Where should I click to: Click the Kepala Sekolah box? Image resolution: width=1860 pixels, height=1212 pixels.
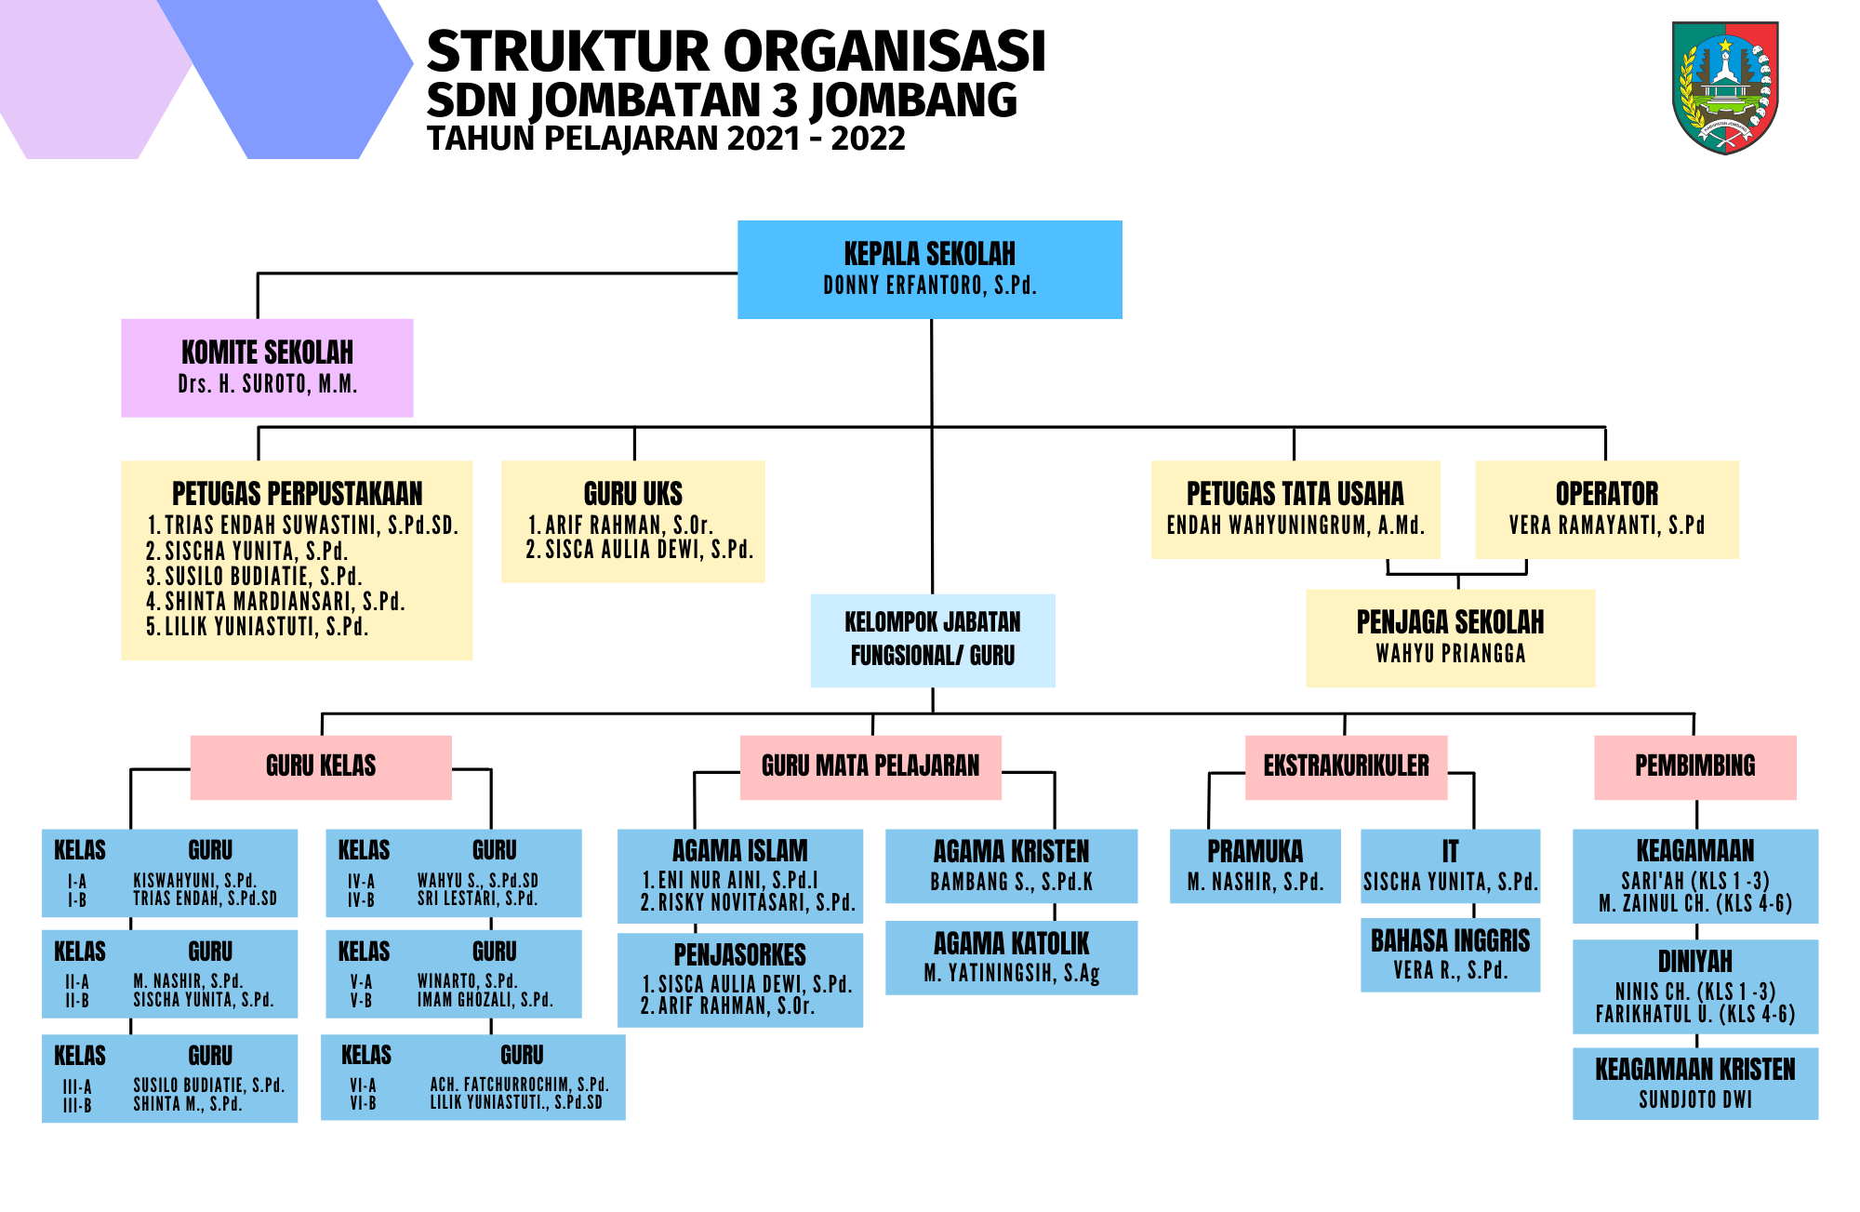point(929,270)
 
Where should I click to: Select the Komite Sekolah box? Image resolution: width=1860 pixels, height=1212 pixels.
point(267,368)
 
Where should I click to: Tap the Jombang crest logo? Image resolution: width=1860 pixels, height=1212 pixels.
point(1725,87)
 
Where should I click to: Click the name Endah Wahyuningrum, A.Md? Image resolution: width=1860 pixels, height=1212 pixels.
point(1295,526)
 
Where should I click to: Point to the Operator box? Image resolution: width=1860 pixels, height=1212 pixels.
point(1607,509)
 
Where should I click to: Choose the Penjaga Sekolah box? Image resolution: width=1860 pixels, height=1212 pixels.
point(1450,638)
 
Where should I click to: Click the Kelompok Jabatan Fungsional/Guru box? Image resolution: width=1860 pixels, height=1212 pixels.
point(933,640)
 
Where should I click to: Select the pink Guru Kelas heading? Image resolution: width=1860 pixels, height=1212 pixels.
point(321,767)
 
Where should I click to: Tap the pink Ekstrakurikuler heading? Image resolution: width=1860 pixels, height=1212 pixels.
point(1346,767)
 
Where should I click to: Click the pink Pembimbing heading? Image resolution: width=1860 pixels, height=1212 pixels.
point(1694,767)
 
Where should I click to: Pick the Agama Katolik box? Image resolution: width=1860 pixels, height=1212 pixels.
point(1011,957)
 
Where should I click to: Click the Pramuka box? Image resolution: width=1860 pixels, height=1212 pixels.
point(1255,866)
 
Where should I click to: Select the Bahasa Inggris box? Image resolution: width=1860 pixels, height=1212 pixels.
point(1450,955)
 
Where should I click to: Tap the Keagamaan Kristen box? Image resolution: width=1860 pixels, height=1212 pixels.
point(1694,1084)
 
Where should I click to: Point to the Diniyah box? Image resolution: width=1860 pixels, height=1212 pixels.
point(1694,987)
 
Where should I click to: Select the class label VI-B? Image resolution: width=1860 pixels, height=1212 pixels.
point(363,1104)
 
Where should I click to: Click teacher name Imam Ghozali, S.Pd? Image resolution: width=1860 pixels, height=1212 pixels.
point(485,1000)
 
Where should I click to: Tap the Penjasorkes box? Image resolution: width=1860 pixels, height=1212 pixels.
point(740,980)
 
